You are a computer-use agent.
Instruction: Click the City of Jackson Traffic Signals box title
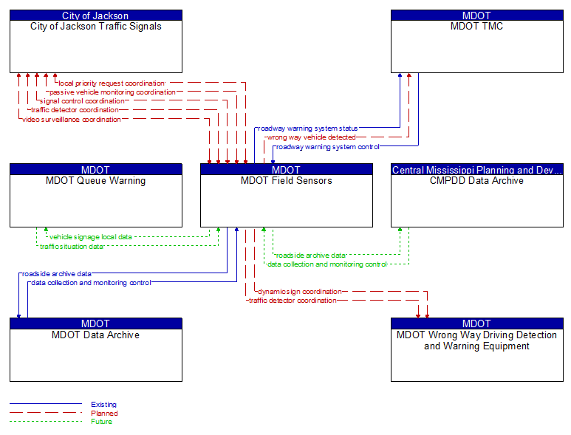(96, 27)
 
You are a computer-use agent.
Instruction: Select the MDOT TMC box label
(476, 27)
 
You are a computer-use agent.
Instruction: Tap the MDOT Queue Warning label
(96, 181)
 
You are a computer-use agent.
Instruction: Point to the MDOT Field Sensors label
(287, 181)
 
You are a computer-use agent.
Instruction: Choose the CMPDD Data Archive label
(476, 181)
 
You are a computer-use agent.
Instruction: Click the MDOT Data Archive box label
(96, 335)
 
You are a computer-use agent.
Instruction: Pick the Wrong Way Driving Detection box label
(476, 340)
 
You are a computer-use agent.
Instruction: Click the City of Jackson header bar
(96, 16)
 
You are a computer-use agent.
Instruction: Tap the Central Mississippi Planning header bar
(476, 170)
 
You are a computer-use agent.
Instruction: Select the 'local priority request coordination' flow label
(112, 83)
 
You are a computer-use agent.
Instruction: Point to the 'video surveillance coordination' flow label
(72, 119)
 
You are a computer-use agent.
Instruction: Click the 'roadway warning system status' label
(307, 129)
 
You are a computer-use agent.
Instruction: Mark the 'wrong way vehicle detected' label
(311, 137)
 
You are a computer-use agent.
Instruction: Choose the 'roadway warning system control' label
(327, 146)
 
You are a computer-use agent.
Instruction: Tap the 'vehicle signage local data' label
(91, 237)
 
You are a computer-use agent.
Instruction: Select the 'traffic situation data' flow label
(72, 246)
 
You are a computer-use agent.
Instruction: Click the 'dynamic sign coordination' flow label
(300, 292)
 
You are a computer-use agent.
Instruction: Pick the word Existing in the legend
(103, 405)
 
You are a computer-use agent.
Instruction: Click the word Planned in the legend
(104, 414)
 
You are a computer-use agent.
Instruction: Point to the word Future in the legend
(102, 422)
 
